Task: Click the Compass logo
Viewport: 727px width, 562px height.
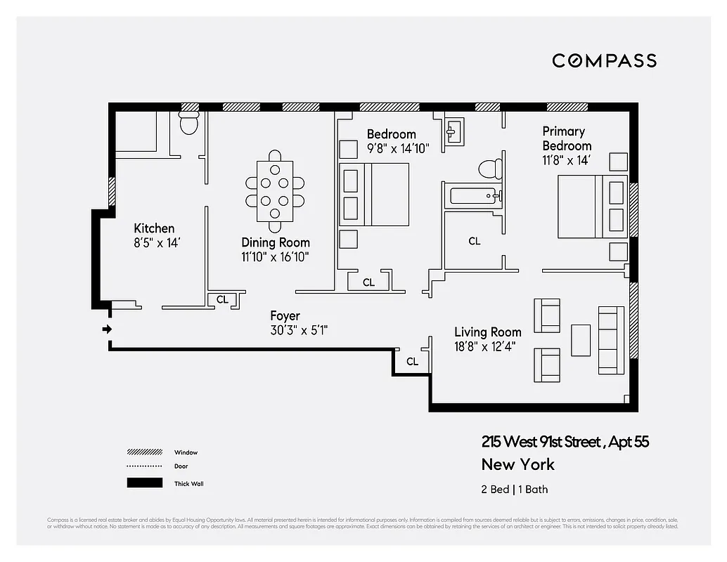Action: tap(604, 60)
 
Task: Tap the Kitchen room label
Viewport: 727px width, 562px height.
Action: tap(154, 228)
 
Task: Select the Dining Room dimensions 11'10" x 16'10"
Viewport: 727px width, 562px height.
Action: tap(275, 257)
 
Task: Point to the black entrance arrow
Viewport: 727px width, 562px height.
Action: tap(107, 329)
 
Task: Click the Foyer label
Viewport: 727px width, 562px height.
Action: tap(285, 316)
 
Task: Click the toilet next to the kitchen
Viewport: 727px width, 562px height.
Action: tap(188, 124)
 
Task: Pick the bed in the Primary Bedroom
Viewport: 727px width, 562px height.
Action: tap(591, 207)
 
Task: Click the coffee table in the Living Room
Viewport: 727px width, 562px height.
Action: tap(581, 340)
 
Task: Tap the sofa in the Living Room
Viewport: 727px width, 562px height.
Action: tap(611, 340)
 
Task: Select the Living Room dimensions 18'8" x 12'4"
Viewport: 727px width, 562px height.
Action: tap(487, 346)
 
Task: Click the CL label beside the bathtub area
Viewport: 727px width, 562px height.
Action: tap(475, 241)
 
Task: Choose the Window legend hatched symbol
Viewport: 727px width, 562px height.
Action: tap(144, 452)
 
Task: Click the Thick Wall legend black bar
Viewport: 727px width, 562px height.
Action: tap(144, 483)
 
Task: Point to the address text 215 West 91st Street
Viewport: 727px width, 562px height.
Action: tap(541, 442)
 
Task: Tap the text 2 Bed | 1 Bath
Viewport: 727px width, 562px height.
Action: tap(514, 489)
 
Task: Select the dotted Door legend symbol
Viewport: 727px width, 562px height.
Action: tap(144, 466)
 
